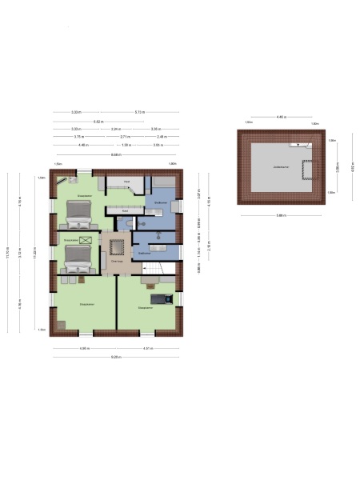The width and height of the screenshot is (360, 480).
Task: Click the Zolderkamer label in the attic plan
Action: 280,166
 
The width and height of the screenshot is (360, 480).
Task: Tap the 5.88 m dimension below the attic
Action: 281,215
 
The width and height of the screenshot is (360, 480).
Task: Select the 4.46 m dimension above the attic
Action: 281,117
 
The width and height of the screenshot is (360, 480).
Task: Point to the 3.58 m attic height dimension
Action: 338,167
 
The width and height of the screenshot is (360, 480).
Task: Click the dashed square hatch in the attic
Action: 305,170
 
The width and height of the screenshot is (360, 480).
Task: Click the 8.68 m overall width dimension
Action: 116,154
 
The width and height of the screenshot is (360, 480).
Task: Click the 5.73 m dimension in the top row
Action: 140,112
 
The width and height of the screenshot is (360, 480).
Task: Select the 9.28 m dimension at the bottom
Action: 116,355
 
